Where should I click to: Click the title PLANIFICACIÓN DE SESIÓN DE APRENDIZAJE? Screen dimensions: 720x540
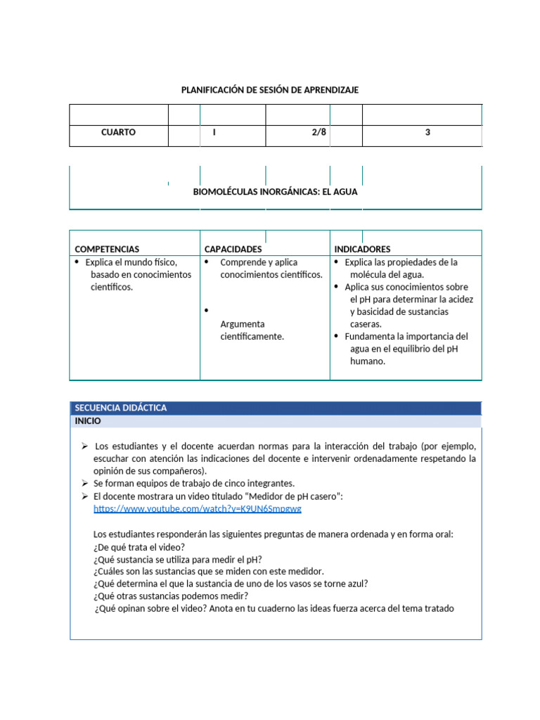(x=270, y=90)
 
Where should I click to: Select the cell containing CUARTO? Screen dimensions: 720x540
(x=118, y=132)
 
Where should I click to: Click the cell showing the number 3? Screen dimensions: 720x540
(x=427, y=132)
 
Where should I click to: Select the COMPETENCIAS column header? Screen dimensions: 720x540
(x=107, y=249)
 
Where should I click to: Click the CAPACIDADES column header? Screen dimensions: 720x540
(x=233, y=249)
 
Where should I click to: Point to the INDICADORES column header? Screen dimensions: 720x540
(x=362, y=249)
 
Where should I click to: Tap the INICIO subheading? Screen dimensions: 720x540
(x=88, y=421)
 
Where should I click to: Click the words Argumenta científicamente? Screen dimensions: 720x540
(x=252, y=330)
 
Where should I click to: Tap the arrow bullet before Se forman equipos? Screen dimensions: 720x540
(x=84, y=484)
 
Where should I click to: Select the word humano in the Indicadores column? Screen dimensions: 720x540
(x=368, y=361)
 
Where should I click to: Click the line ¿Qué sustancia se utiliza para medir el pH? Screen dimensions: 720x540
(x=177, y=560)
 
